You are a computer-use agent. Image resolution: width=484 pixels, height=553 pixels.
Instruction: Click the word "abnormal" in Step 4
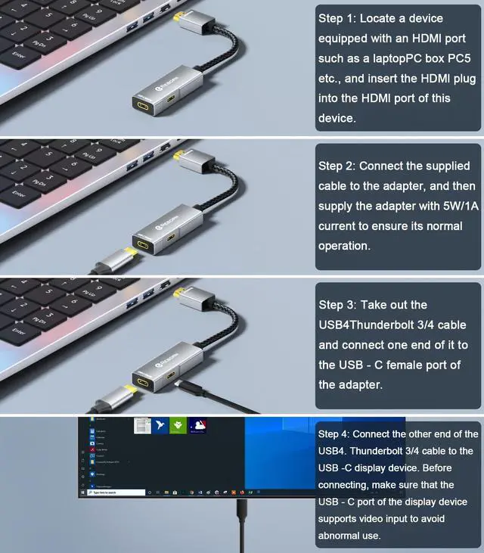349,536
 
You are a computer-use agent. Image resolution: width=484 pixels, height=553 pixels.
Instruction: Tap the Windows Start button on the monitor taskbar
83,492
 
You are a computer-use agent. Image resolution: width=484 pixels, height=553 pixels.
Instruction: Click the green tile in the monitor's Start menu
178,427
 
